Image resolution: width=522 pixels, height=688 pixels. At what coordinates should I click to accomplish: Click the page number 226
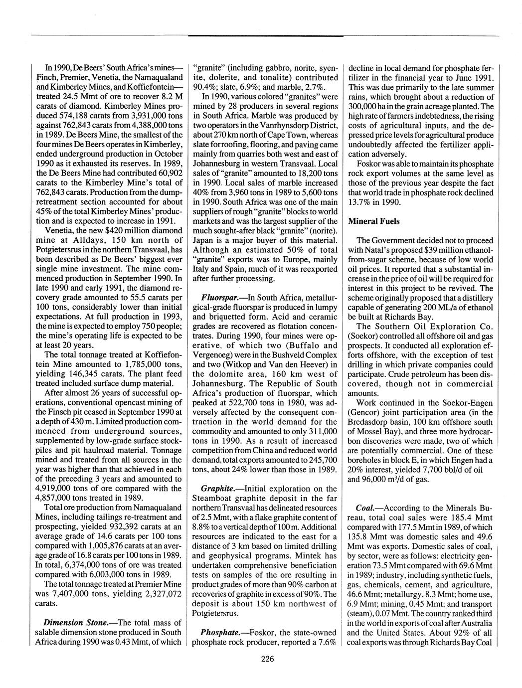(x=267, y=659)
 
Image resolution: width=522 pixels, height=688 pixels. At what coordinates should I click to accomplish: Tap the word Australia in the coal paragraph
(x=474, y=623)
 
